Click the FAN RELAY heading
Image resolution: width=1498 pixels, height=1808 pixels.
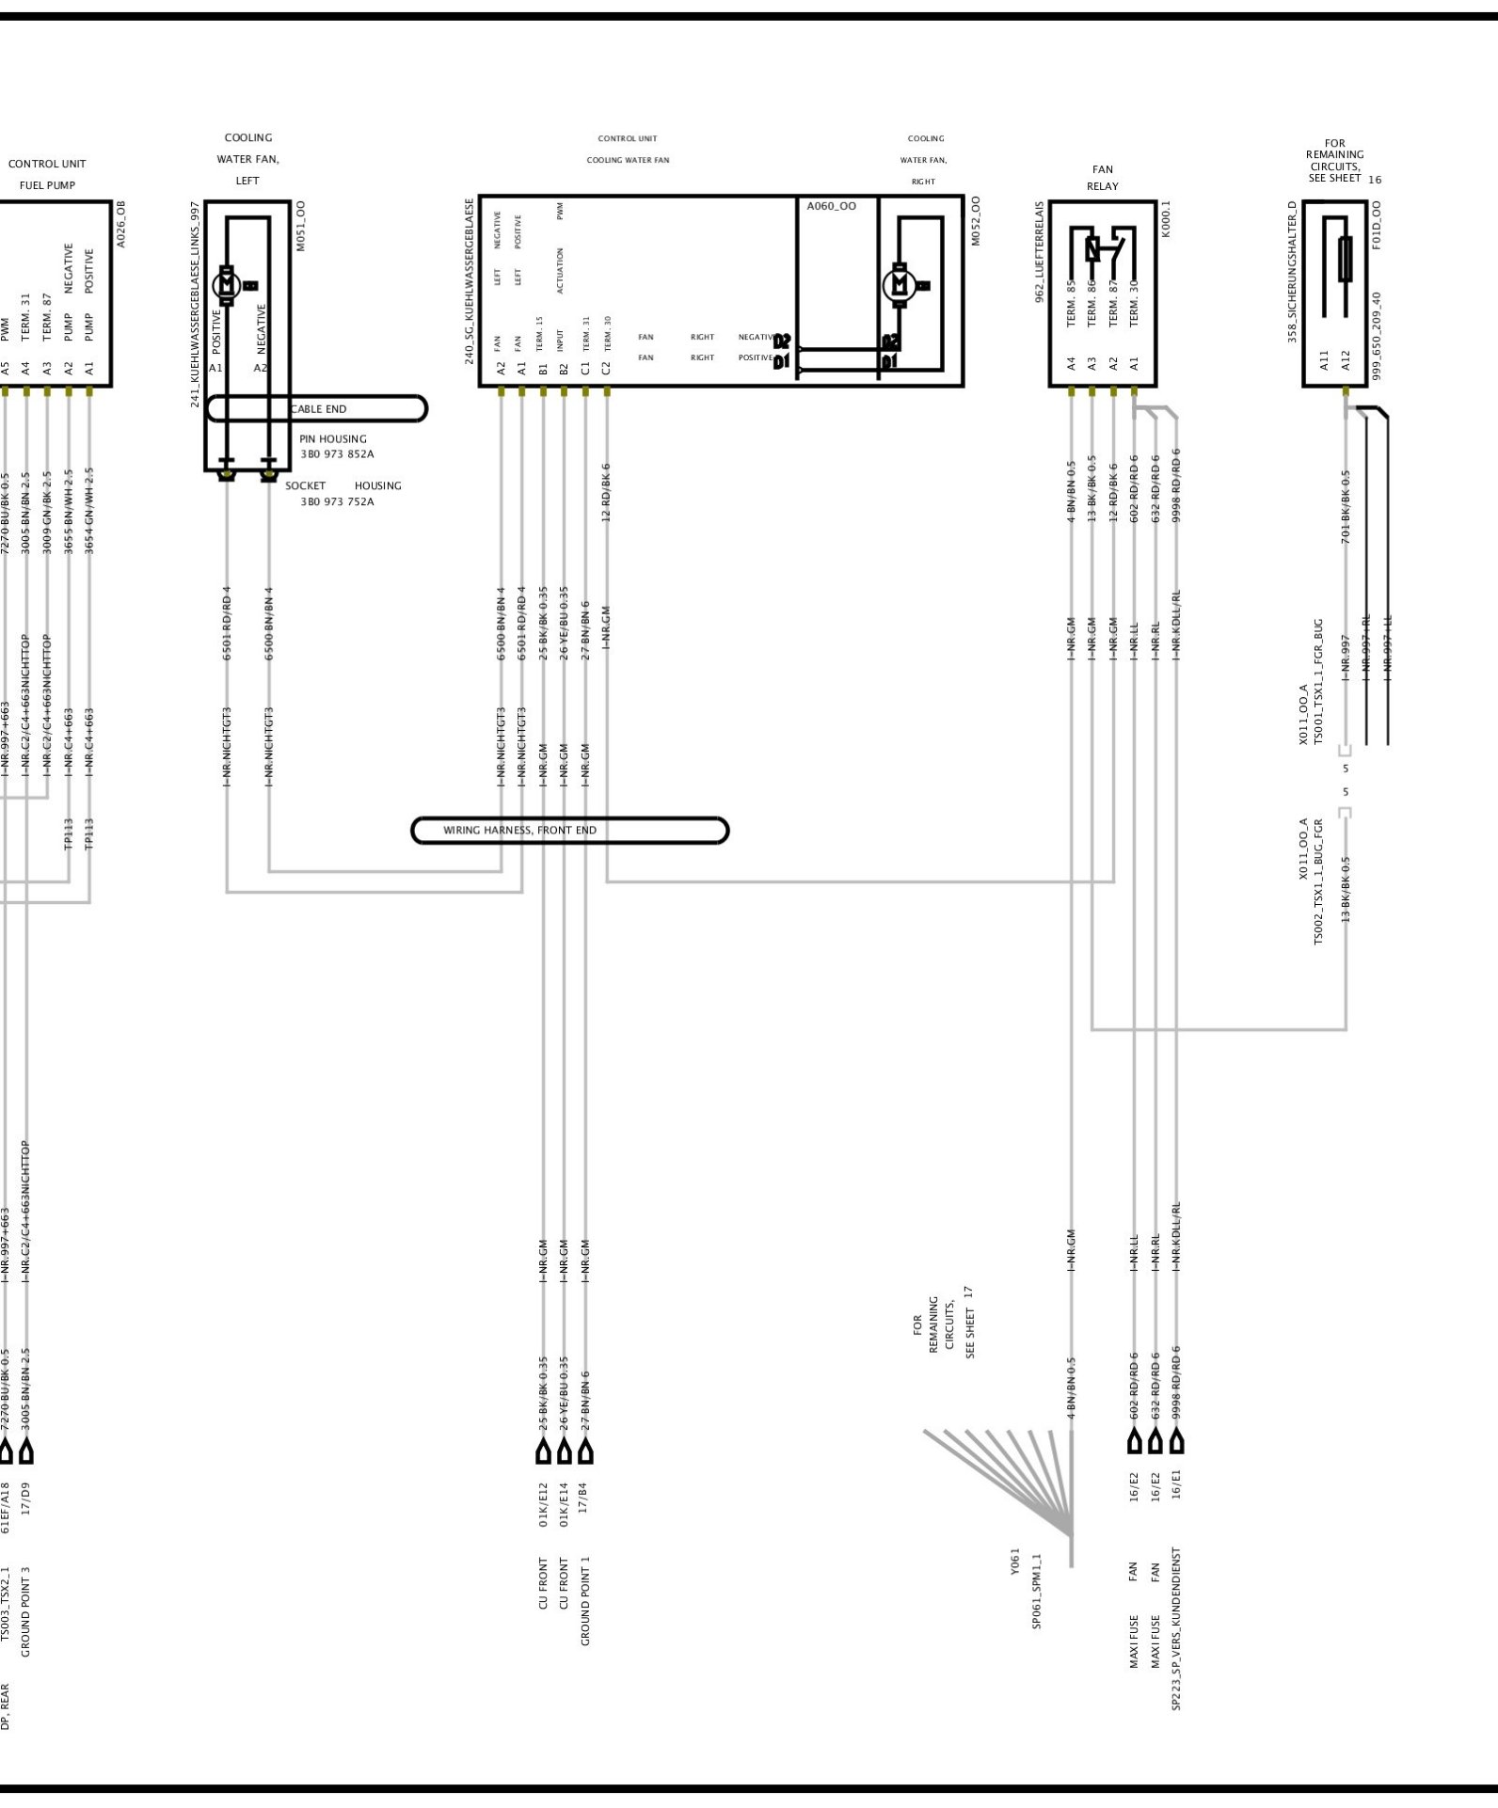pyautogui.click(x=1102, y=178)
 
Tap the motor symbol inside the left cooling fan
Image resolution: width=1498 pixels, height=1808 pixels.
pyautogui.click(x=227, y=283)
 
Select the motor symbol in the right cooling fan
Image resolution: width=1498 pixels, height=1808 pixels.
pyautogui.click(x=899, y=283)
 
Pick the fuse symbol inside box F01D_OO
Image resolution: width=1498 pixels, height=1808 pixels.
pyautogui.click(x=1345, y=260)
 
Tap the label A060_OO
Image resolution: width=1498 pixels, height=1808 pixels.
pyautogui.click(x=831, y=206)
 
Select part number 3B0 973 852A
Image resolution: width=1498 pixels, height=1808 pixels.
pyautogui.click(x=337, y=454)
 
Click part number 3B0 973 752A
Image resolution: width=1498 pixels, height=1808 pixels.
pyautogui.click(x=337, y=502)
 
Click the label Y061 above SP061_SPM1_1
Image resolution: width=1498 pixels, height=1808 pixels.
pyautogui.click(x=1015, y=1561)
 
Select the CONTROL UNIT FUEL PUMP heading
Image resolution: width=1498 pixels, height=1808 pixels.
pyautogui.click(x=47, y=174)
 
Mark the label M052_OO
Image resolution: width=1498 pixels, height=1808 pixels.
pyautogui.click(x=976, y=221)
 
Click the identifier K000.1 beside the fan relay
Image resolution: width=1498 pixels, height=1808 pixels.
pyautogui.click(x=1167, y=218)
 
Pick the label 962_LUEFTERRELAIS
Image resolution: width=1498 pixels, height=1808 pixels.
pyautogui.click(x=1040, y=251)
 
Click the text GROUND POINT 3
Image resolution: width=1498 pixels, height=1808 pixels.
pyautogui.click(x=26, y=1611)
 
